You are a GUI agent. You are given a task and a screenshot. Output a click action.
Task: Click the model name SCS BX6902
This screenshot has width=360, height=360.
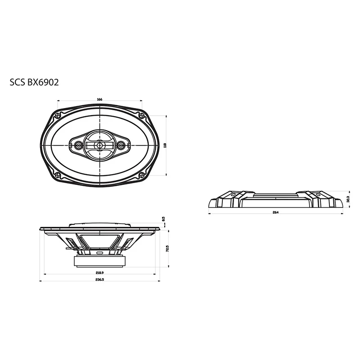point(34,83)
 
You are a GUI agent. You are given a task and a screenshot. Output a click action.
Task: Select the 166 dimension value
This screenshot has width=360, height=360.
point(99,99)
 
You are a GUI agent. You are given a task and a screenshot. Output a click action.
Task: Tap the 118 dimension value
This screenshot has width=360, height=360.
point(165,145)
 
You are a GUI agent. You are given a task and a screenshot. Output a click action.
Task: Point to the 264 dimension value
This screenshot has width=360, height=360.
point(275,212)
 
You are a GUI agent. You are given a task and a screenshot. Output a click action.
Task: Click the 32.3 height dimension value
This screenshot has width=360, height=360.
point(348,198)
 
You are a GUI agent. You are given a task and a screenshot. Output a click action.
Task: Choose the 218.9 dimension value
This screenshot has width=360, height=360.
point(99,273)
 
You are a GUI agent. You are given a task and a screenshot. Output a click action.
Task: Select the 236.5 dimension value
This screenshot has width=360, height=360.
point(99,280)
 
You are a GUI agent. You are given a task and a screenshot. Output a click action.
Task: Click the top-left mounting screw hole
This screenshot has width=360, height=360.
point(57,116)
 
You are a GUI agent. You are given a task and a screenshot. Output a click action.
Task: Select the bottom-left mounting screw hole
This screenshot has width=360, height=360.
point(57,175)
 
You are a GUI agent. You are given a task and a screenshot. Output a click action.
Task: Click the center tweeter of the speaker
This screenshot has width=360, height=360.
point(99,145)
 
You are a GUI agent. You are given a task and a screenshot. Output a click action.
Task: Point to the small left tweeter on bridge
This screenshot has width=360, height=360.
point(78,145)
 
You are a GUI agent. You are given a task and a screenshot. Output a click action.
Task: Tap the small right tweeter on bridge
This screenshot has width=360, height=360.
point(120,145)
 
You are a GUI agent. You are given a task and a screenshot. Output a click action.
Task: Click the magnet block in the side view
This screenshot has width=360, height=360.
point(99,261)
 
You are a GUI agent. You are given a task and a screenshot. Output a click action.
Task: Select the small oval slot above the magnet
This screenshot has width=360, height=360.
point(99,253)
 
